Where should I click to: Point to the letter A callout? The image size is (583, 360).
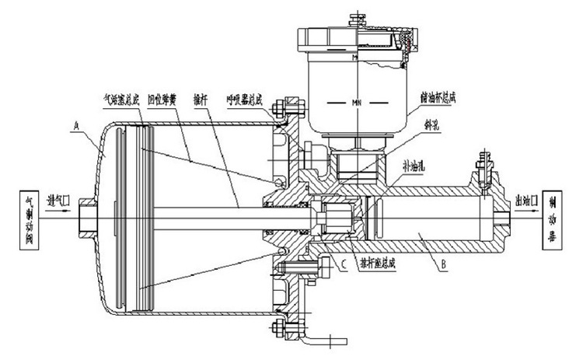[x=76, y=124]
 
